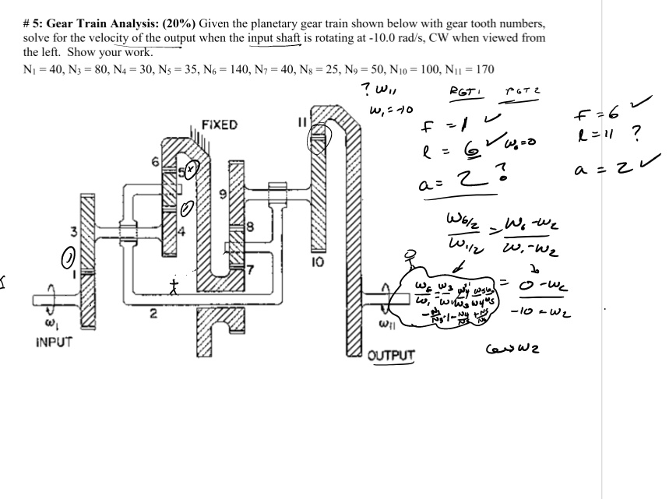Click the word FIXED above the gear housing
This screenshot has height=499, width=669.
pyautogui.click(x=219, y=125)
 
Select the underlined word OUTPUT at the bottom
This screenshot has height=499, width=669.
pyautogui.click(x=392, y=355)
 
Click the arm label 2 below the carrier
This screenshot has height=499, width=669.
pyautogui.click(x=153, y=315)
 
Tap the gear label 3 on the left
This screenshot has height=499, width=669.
pyautogui.click(x=73, y=231)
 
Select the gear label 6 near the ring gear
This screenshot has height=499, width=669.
pyautogui.click(x=155, y=163)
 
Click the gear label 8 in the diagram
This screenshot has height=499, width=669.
pyautogui.click(x=251, y=227)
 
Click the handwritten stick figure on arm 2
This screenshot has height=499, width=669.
pyautogui.click(x=175, y=287)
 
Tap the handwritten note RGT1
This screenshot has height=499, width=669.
pyautogui.click(x=466, y=93)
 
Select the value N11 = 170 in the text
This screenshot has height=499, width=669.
pyautogui.click(x=467, y=69)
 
